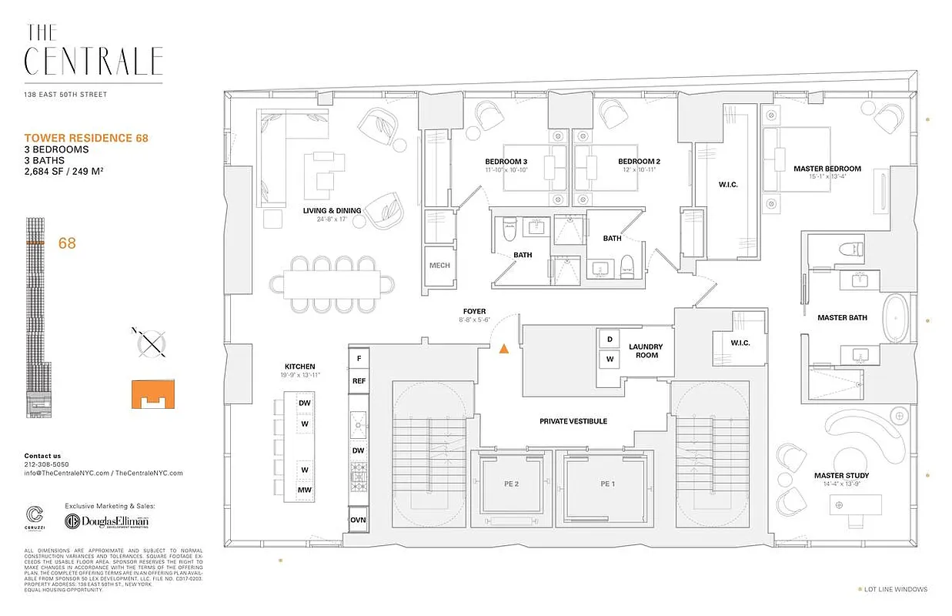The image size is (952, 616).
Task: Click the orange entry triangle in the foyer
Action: pos(503,349)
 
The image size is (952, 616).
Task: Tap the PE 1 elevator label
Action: pos(607,484)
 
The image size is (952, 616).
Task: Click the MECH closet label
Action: pos(439,266)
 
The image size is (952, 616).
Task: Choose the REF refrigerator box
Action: pos(359,380)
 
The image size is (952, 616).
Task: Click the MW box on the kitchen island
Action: pos(305,490)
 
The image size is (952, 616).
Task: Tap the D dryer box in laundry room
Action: pos(610,340)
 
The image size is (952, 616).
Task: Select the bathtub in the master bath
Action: pos(896,318)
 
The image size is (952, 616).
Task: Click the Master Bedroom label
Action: pos(827,169)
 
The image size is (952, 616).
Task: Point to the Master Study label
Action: pos(840,476)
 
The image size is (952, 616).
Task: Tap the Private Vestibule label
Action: pos(573,421)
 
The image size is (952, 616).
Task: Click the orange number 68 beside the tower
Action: pos(67,243)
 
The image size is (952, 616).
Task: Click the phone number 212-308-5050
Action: pos(45,464)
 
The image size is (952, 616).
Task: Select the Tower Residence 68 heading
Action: pos(86,139)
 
